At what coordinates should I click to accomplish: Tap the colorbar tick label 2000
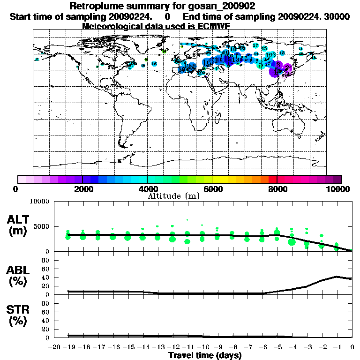click(82, 189)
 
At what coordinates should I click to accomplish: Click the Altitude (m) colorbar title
click(174, 196)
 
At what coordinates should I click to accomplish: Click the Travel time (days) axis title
click(205, 356)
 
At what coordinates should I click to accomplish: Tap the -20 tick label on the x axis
click(54, 347)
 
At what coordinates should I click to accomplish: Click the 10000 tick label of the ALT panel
click(39, 202)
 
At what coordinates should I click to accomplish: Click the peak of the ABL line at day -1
click(337, 277)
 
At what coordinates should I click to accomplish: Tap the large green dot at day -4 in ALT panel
click(292, 242)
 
